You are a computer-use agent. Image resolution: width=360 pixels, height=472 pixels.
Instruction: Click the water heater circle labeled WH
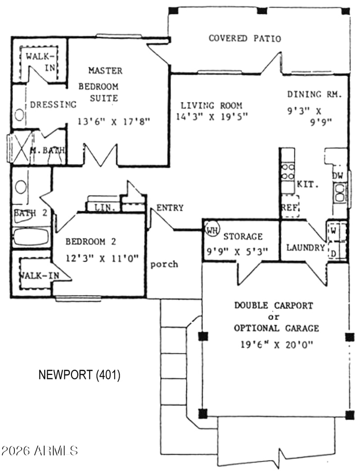pos(212,230)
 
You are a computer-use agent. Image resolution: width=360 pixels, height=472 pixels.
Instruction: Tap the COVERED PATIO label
pos(245,38)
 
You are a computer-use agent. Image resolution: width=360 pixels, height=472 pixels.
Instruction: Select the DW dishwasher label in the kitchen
pos(337,176)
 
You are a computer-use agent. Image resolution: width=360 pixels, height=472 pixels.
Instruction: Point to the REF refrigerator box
pos(290,206)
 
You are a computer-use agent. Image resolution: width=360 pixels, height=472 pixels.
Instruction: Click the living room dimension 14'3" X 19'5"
pos(212,116)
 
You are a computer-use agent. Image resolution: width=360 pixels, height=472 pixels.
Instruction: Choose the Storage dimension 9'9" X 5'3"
pos(238,251)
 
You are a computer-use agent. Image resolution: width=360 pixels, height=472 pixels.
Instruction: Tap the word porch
pos(164,264)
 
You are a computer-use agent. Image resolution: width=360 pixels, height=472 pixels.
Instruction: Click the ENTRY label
pos(170,208)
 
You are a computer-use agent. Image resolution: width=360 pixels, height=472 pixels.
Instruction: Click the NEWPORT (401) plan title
pos(80,375)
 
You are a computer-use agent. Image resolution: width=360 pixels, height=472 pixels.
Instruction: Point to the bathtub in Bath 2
pos(31,237)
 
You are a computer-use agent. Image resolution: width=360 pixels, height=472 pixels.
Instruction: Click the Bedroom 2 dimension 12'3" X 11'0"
pos(102,258)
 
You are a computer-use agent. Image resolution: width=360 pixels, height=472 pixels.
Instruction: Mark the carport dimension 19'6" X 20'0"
pos(277,344)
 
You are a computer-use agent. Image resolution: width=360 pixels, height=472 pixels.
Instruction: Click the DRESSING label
pos(53,104)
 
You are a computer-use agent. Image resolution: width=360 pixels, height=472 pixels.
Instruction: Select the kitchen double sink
pos(340,193)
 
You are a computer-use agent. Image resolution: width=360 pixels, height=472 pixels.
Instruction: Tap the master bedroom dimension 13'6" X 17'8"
pos(114,122)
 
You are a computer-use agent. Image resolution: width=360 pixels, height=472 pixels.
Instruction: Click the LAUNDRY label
pos(306,248)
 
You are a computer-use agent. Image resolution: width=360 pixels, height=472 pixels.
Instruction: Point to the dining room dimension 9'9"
pos(321,122)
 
